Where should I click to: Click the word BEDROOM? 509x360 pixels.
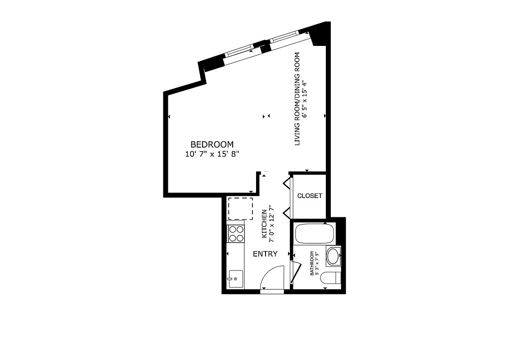coord(212,144)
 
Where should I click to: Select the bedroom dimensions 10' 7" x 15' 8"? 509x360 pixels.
coord(212,154)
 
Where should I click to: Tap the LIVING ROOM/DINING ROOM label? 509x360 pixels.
coord(297,99)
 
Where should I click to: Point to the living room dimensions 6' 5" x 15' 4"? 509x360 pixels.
coord(306,99)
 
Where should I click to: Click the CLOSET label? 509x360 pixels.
coord(310,196)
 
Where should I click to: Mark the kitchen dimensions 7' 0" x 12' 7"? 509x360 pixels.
coord(271,224)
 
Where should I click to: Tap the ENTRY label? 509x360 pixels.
coord(265,254)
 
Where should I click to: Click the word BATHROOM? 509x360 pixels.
coord(311,263)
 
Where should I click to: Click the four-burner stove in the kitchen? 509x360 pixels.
coord(236,234)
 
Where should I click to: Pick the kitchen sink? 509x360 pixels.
coord(235,279)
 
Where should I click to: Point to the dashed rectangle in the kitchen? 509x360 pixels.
coord(240,208)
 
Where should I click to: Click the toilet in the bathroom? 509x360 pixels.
coord(331,279)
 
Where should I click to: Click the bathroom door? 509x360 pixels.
coord(295,272)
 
